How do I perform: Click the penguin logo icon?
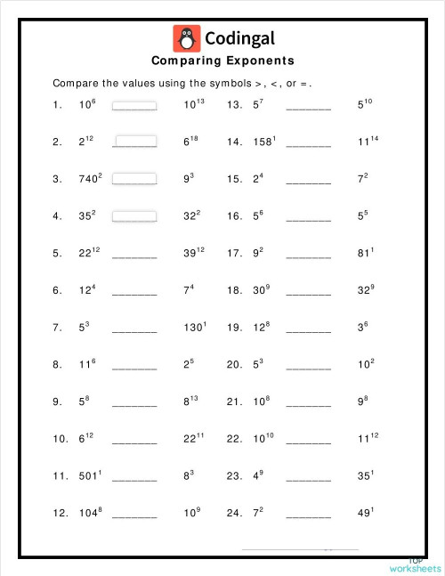click(186, 38)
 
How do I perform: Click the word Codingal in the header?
click(239, 38)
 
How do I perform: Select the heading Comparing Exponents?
click(222, 61)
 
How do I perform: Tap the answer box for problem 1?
click(134, 104)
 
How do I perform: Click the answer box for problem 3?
click(134, 178)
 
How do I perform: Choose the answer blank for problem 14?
click(308, 142)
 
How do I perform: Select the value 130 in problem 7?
click(193, 328)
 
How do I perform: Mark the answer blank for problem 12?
click(134, 515)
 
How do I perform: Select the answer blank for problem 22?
click(308, 440)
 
